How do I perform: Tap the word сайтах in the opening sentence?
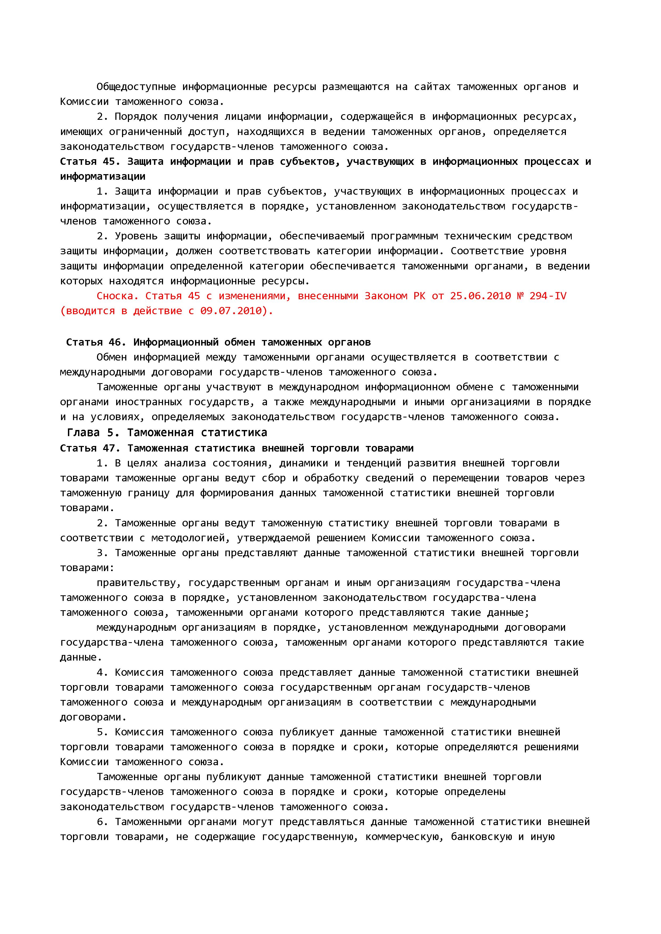click(432, 87)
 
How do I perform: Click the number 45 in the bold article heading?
click(109, 162)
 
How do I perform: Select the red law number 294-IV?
click(548, 296)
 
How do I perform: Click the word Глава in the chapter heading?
click(83, 432)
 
